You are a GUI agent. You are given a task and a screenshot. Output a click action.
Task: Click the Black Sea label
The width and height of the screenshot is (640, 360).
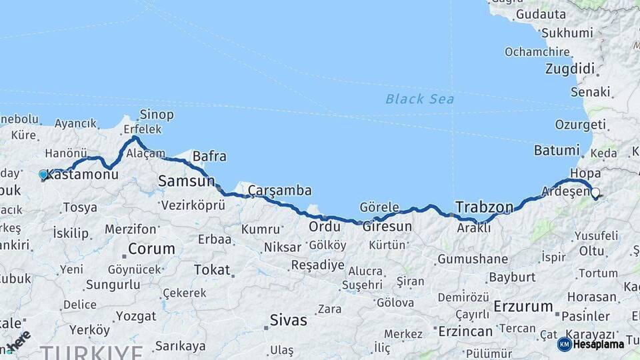tap(419, 99)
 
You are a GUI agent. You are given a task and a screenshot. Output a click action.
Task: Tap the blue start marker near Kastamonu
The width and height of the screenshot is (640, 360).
tap(43, 175)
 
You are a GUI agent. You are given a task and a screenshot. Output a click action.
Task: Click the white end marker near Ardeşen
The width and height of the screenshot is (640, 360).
tap(595, 193)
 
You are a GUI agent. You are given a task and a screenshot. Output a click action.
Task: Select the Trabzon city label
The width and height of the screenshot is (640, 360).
tap(484, 206)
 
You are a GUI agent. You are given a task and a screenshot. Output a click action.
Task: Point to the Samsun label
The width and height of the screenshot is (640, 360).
tap(186, 181)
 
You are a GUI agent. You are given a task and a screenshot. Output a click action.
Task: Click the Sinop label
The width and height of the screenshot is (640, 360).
tap(157, 115)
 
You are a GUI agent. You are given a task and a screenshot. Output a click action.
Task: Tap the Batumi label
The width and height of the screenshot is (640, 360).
tap(557, 151)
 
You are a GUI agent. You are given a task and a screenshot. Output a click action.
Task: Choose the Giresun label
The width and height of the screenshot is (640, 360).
tap(387, 226)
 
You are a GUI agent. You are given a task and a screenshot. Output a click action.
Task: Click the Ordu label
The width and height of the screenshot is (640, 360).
tap(325, 227)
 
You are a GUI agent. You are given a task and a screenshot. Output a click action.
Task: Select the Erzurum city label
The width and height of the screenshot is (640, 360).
tap(523, 307)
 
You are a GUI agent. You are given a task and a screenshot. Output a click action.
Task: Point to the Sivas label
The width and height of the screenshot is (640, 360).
tap(288, 320)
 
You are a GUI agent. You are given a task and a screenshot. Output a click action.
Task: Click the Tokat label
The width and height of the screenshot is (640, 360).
tap(211, 270)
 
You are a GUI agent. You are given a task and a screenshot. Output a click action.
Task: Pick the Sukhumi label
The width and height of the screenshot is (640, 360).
tap(567, 33)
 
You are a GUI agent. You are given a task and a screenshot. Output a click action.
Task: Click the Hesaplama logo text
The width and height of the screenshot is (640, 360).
tap(599, 344)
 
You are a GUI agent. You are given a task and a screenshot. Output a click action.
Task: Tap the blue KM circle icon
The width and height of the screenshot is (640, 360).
tap(564, 344)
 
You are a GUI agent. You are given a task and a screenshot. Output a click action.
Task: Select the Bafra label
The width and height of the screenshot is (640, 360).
tap(209, 157)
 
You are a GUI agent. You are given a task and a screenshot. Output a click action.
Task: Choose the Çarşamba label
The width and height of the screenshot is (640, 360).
tap(279, 191)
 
